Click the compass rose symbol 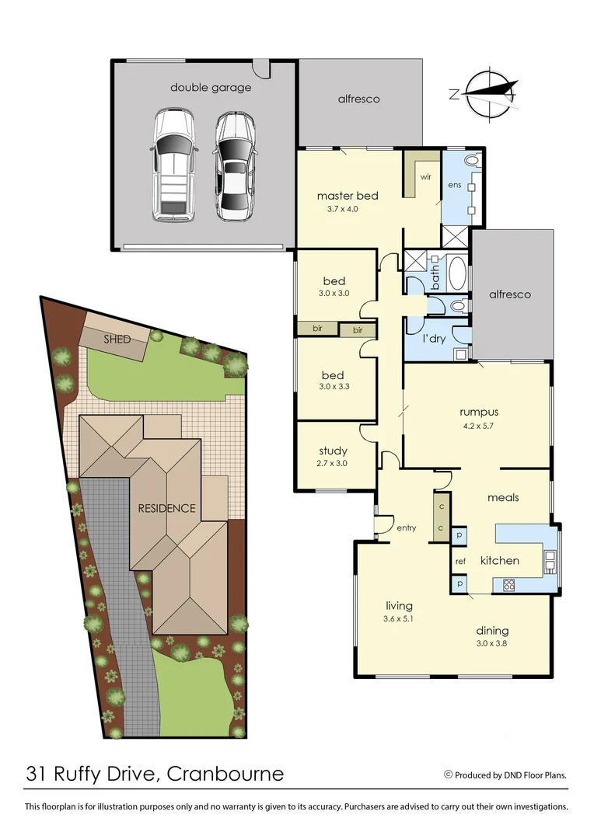[x=487, y=95]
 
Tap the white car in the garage [x=173, y=164]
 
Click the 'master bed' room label [x=348, y=196]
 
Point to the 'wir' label [x=425, y=177]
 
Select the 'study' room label [x=334, y=451]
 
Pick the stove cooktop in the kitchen [x=509, y=584]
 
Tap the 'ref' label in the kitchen [x=460, y=560]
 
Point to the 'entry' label [x=406, y=527]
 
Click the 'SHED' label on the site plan [x=117, y=339]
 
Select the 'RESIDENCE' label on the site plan [x=166, y=509]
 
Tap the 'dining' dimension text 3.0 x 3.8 [x=491, y=643]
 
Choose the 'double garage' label [x=211, y=88]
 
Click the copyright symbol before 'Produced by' [x=448, y=775]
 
